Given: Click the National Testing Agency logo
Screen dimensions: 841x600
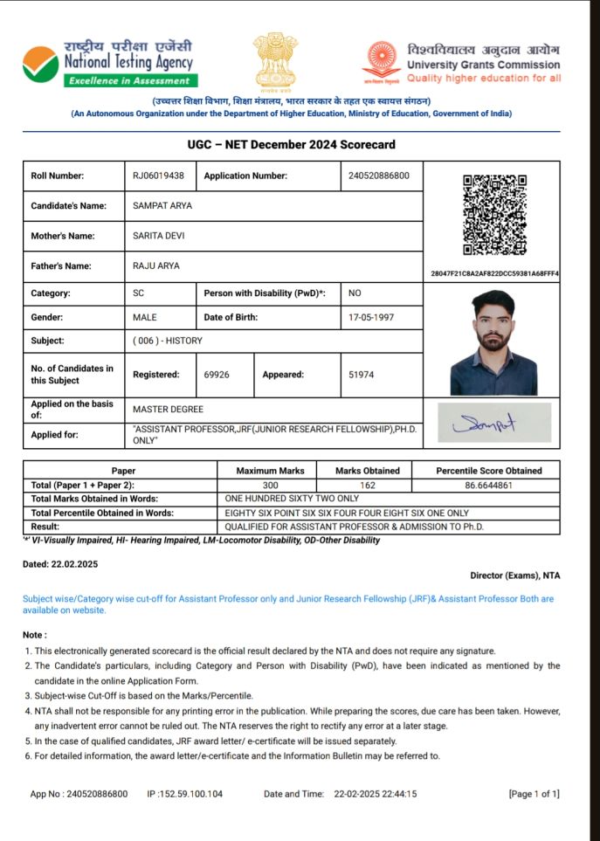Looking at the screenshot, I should (42, 64).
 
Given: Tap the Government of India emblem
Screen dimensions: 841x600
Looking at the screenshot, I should (275, 60).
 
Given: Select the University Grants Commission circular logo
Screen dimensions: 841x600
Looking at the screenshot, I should (382, 60).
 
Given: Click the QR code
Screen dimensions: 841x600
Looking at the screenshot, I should (494, 215).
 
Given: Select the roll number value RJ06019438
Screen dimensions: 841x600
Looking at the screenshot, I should (158, 176).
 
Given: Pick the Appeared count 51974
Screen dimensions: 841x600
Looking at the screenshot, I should (362, 375).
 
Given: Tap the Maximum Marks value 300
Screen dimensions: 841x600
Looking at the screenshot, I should (270, 485).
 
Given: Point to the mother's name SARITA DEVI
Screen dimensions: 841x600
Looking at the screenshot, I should (158, 236).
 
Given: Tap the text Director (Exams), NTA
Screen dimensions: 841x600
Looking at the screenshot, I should (514, 576).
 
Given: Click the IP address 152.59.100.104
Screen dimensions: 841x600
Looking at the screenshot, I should (190, 794).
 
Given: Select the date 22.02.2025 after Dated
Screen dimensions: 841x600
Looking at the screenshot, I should (74, 564).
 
